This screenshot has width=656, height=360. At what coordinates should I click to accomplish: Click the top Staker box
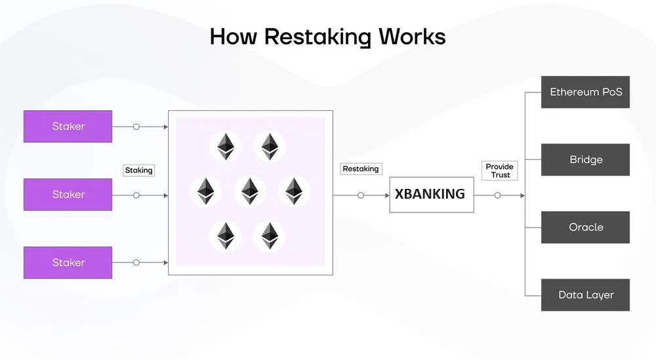(x=68, y=127)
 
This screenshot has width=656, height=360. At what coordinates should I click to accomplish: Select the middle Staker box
(x=68, y=194)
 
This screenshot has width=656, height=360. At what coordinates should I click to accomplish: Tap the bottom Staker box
(x=68, y=262)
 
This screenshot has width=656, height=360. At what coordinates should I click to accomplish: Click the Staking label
(x=139, y=170)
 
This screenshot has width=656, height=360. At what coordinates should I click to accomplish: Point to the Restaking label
(x=361, y=169)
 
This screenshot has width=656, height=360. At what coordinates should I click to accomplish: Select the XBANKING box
(x=432, y=195)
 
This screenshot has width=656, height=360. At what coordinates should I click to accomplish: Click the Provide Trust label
(x=499, y=170)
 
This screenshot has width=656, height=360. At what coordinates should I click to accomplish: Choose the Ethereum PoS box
(x=585, y=92)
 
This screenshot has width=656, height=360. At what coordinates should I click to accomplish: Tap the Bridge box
(x=585, y=160)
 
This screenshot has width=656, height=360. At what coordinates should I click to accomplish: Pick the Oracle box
(x=585, y=228)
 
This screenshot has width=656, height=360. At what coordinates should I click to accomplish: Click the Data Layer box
(x=585, y=295)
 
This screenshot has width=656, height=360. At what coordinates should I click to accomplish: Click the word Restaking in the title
(x=318, y=37)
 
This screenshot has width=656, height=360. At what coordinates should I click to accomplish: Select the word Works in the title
(x=412, y=36)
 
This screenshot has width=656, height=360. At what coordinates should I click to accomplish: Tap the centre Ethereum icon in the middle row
(x=250, y=191)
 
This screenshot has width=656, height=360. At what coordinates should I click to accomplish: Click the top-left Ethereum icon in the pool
(x=226, y=147)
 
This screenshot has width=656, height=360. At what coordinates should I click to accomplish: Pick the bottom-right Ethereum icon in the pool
(x=270, y=236)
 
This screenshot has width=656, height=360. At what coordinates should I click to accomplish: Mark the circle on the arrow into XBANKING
(x=361, y=195)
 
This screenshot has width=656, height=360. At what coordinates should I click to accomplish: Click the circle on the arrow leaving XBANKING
(x=497, y=195)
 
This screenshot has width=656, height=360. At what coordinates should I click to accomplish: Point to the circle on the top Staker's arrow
(x=136, y=127)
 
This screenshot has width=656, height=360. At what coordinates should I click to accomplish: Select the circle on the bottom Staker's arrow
(x=136, y=262)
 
